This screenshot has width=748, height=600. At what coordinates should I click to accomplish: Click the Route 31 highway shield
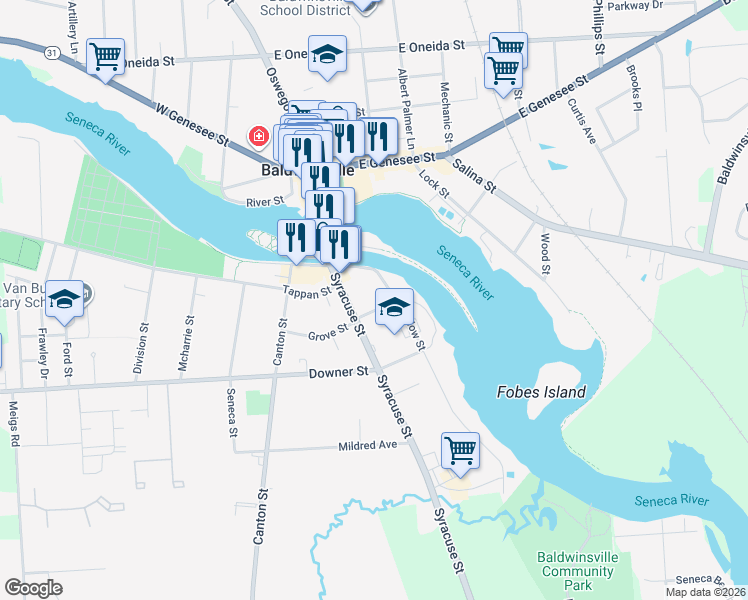click(52, 50)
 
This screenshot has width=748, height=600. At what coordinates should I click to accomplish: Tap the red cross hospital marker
click(258, 135)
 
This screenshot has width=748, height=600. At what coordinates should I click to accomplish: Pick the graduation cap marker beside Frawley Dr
click(65, 299)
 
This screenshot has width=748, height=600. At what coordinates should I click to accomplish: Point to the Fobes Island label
click(541, 392)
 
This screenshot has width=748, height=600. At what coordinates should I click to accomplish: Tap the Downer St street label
click(351, 372)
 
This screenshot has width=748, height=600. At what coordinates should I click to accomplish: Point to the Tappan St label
click(306, 293)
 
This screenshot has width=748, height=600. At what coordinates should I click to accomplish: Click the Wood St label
click(546, 254)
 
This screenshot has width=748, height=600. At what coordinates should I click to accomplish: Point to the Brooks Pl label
click(633, 88)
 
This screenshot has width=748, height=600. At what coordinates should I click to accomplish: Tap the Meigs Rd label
click(15, 426)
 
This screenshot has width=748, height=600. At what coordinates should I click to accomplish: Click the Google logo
click(34, 587)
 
